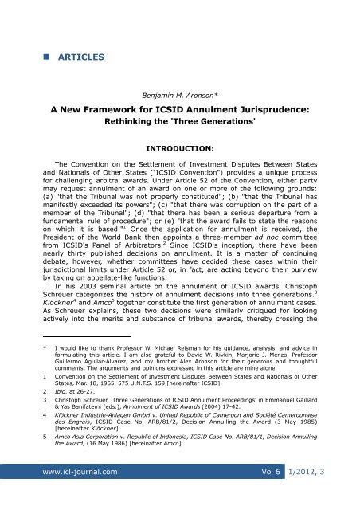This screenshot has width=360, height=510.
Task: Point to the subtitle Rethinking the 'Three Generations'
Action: pos(180,123)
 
